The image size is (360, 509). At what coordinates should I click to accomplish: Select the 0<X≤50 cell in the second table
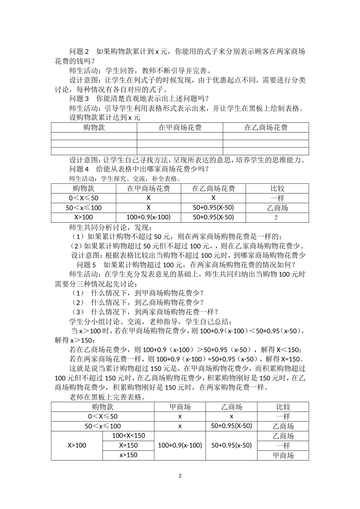83,198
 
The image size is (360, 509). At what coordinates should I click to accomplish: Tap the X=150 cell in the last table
128,445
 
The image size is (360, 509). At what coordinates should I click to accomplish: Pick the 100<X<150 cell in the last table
128,436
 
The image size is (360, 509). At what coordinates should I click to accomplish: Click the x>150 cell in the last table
128,455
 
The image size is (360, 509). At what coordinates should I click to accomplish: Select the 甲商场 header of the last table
180,407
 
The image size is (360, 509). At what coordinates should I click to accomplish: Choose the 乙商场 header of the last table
232,407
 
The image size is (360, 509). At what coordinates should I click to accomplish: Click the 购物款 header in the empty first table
94,128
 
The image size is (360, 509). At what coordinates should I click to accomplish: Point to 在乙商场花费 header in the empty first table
266,128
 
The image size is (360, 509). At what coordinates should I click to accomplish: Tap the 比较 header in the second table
277,189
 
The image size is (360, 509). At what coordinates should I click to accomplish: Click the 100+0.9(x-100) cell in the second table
148,217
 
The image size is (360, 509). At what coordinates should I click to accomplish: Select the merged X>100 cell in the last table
77,445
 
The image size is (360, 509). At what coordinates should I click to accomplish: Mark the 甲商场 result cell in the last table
283,456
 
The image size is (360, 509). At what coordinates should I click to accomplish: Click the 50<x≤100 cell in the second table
83,208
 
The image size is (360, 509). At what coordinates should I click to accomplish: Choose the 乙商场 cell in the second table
277,208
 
